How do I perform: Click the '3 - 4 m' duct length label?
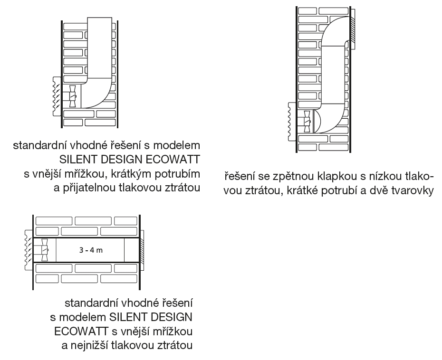click(91, 250)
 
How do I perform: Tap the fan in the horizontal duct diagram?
click(44, 250)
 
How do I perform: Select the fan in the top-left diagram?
click(73, 96)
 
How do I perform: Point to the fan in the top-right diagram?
click(307, 122)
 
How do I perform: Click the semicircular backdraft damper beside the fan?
click(317, 122)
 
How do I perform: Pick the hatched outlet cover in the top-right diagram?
click(352, 29)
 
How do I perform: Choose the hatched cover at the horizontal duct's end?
click(142, 250)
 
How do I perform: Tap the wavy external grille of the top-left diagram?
click(56, 96)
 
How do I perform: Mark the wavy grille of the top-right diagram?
click(291, 122)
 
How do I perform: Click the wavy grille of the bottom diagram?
click(29, 250)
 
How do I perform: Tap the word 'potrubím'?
click(177, 174)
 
